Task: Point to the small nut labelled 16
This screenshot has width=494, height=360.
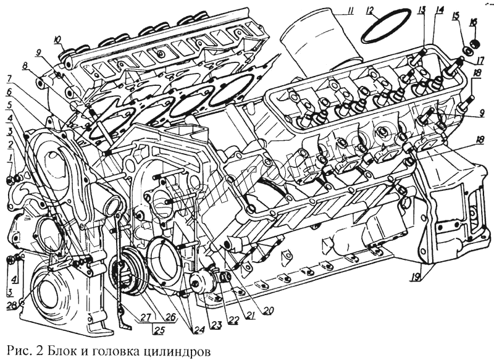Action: (475, 44)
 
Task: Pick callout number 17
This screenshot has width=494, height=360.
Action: (479, 60)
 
